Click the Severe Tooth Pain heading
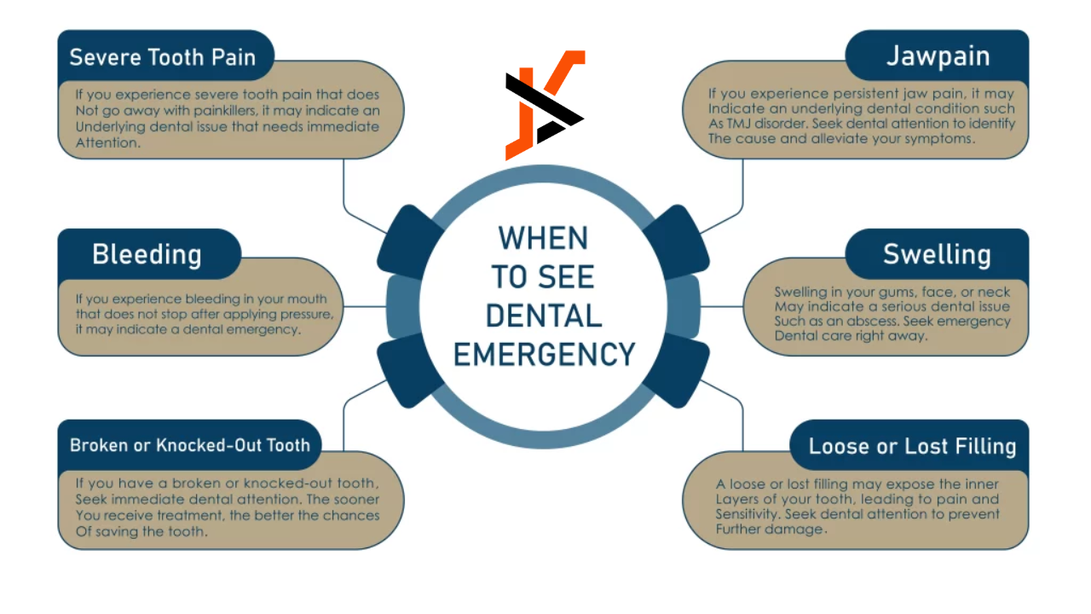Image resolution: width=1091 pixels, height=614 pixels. [x=162, y=57]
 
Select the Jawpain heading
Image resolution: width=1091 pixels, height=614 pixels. [x=938, y=56]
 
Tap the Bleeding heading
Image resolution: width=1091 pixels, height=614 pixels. [x=147, y=254]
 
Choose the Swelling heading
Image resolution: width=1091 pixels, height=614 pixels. [x=937, y=254]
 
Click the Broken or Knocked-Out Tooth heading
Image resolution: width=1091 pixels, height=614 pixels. [x=189, y=445]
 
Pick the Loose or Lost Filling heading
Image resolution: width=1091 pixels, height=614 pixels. [x=912, y=446]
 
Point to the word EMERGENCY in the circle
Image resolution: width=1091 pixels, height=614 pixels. [x=545, y=353]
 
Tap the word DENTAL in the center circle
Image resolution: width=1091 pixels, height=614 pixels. [x=545, y=315]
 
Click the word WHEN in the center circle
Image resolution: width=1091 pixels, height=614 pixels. [x=545, y=238]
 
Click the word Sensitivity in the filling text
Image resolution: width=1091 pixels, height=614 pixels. [x=747, y=514]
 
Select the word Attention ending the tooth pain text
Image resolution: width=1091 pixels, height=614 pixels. [x=106, y=142]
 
